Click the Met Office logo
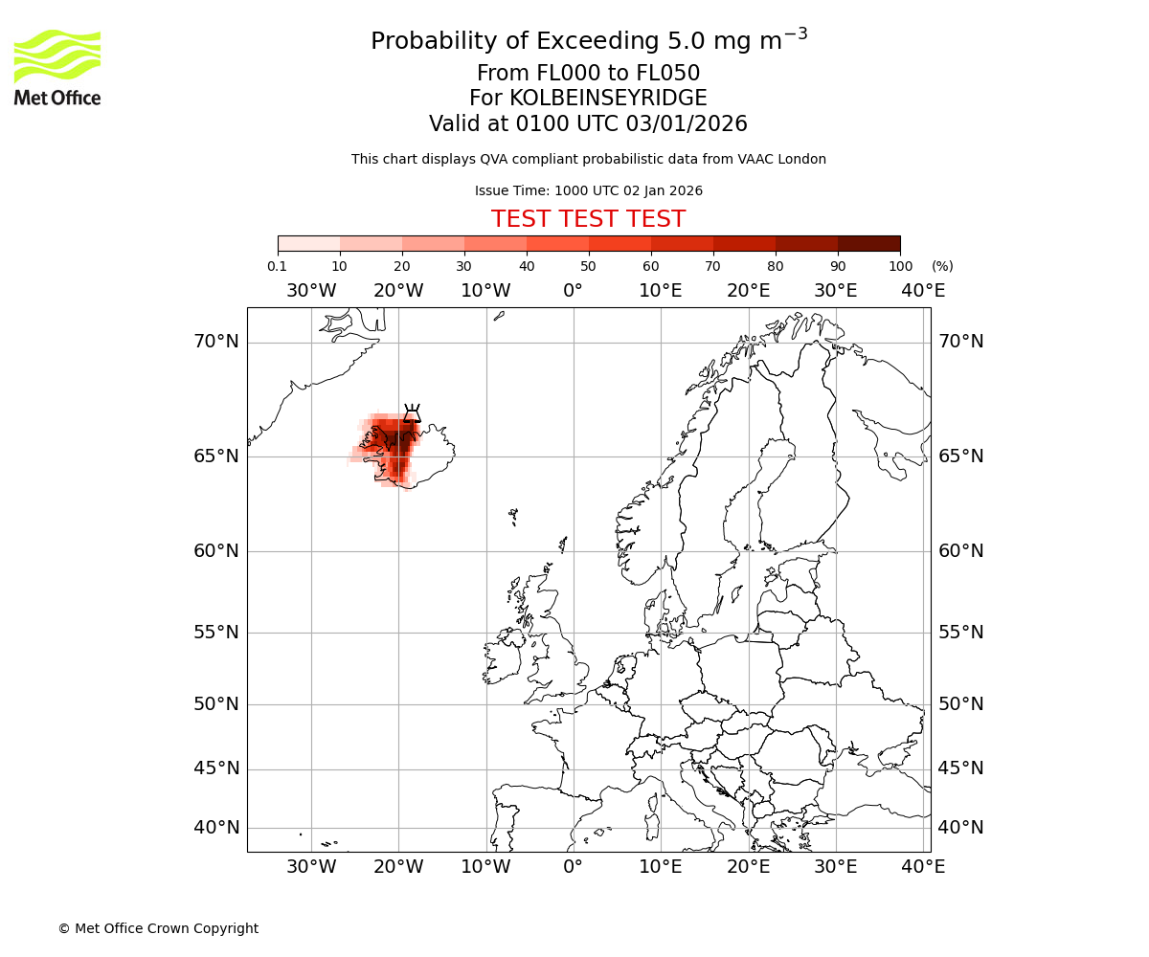tap(57, 67)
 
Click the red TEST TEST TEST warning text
tap(588, 219)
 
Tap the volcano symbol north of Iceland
tap(412, 413)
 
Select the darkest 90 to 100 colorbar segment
tap(868, 243)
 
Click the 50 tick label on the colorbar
tap(588, 266)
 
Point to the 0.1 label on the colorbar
tap(277, 266)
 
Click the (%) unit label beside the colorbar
tap(942, 266)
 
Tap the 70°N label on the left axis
tap(216, 342)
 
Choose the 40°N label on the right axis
tap(960, 828)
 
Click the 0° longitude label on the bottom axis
tap(573, 867)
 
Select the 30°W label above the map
tap(311, 291)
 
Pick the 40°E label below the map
tap(923, 867)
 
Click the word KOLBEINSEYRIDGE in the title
tap(608, 99)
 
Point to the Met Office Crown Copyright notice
tap(158, 928)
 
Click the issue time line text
tap(588, 190)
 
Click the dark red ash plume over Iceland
tap(394, 445)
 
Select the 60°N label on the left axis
tap(216, 551)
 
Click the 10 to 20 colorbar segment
tap(371, 243)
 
